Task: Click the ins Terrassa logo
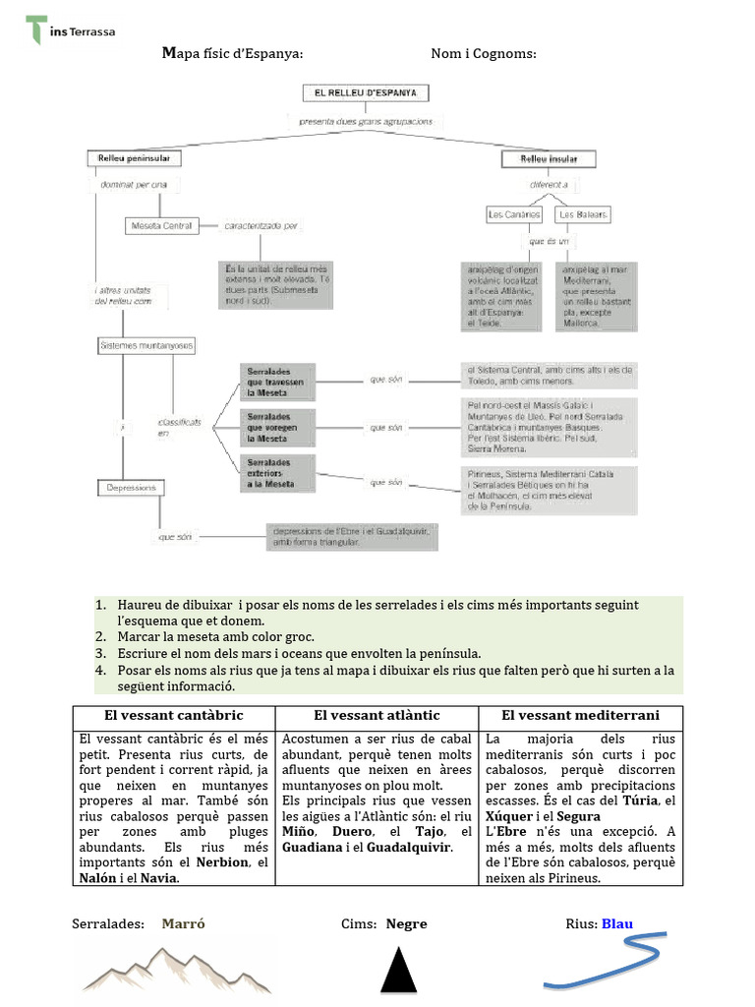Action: click(x=69, y=30)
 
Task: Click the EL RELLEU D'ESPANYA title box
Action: click(x=365, y=93)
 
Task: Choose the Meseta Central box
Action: click(x=161, y=225)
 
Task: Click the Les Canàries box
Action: click(x=514, y=213)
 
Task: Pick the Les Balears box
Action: click(x=583, y=213)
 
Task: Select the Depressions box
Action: click(x=130, y=487)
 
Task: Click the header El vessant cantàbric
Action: click(x=174, y=715)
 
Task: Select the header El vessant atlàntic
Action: click(x=377, y=715)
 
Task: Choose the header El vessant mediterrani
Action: click(x=580, y=715)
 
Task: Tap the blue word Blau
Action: click(x=616, y=923)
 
